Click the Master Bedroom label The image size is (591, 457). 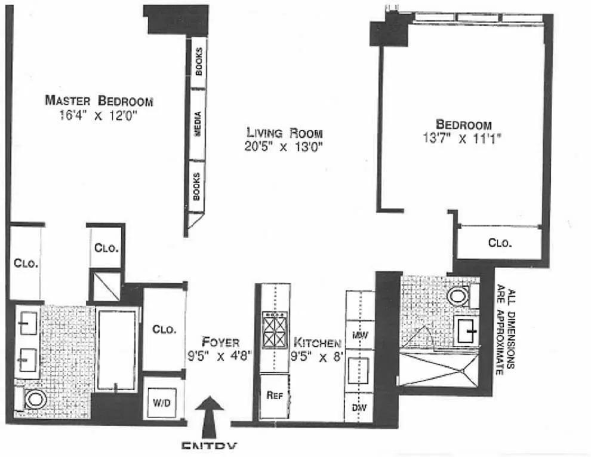point(98,100)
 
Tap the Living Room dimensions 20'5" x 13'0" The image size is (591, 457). point(284,146)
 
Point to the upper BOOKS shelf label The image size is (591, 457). point(198,62)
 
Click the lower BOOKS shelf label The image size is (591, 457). point(196,186)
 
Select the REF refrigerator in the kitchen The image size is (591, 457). point(275,395)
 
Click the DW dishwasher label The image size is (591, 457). point(359,409)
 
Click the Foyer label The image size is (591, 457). point(220,342)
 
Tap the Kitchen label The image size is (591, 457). point(317,343)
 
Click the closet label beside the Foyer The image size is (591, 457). point(163,329)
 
